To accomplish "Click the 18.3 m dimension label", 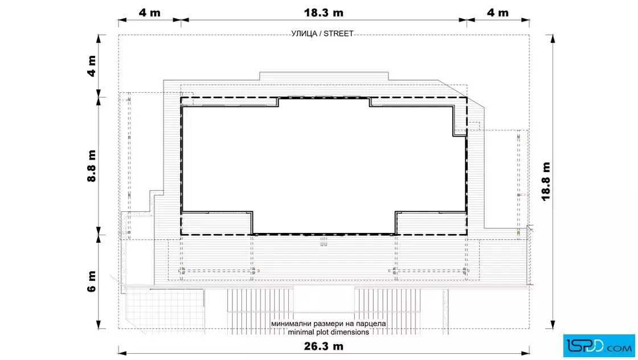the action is point(324,13).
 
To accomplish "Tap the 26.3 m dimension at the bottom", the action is point(324,346).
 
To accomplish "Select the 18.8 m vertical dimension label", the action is point(546,181).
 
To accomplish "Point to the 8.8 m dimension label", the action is point(92,166).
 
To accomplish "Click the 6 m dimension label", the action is point(92,281).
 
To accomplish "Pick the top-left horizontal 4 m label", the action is point(149,13).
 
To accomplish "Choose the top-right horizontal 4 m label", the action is point(498,13).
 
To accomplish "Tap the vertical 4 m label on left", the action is point(92,66).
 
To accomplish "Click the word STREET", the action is point(338,34).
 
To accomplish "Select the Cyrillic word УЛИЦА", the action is point(304,34).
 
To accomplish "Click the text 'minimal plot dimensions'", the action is point(328,332).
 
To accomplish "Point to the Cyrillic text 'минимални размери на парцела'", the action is point(328,324).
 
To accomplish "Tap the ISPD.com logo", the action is point(599,346).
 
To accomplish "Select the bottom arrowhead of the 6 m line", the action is point(99,324).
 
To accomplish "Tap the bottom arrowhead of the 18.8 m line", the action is point(553,324).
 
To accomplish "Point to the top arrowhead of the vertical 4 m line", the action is point(99,39).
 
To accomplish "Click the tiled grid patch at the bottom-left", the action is point(164,310).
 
